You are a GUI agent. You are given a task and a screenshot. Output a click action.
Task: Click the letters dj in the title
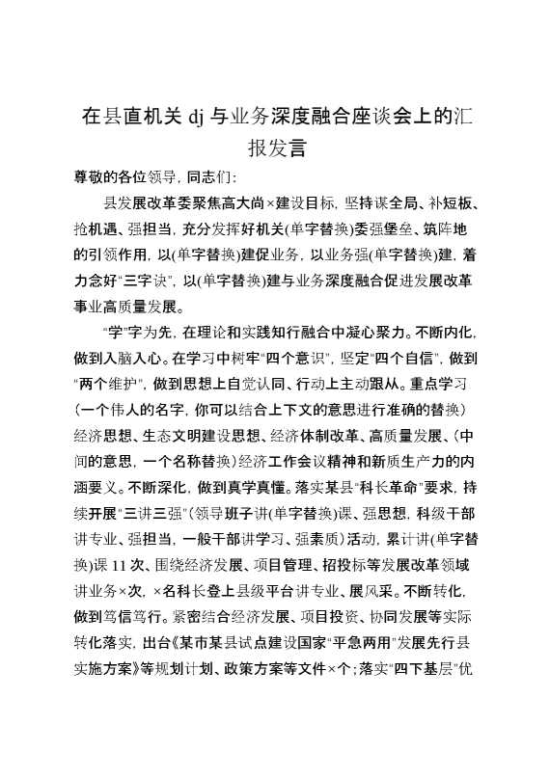(200, 120)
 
